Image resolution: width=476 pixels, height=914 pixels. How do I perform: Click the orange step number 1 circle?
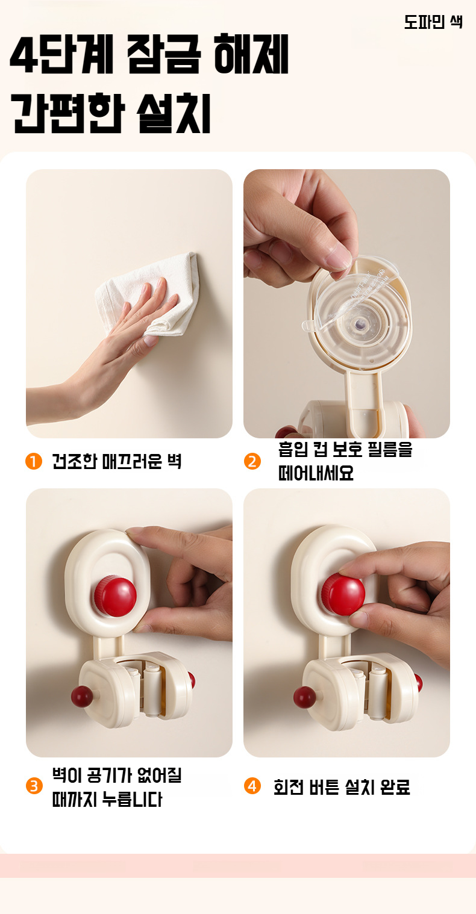coord(34,462)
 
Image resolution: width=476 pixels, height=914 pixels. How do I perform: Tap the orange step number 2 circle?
coord(252,462)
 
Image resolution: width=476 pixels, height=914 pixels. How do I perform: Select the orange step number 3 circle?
coord(34,786)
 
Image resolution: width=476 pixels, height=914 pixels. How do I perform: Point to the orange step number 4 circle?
coord(252,786)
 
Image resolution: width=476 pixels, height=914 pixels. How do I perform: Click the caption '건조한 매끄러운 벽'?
coord(116,462)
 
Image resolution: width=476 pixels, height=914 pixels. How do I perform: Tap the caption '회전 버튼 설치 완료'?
coord(342,787)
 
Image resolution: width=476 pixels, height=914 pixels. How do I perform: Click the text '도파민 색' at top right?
coord(433,22)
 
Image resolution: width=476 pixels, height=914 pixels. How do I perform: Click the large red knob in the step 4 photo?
coord(343,594)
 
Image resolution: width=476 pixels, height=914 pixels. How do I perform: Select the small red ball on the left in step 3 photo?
coord(82,696)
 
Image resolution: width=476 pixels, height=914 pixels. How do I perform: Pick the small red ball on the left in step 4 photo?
coord(304,697)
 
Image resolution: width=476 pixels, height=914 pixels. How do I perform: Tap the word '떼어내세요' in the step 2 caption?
coord(316,473)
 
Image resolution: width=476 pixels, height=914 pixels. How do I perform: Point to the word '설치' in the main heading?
coord(174,114)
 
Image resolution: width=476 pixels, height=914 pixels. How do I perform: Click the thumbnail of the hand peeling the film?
coord(346,303)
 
